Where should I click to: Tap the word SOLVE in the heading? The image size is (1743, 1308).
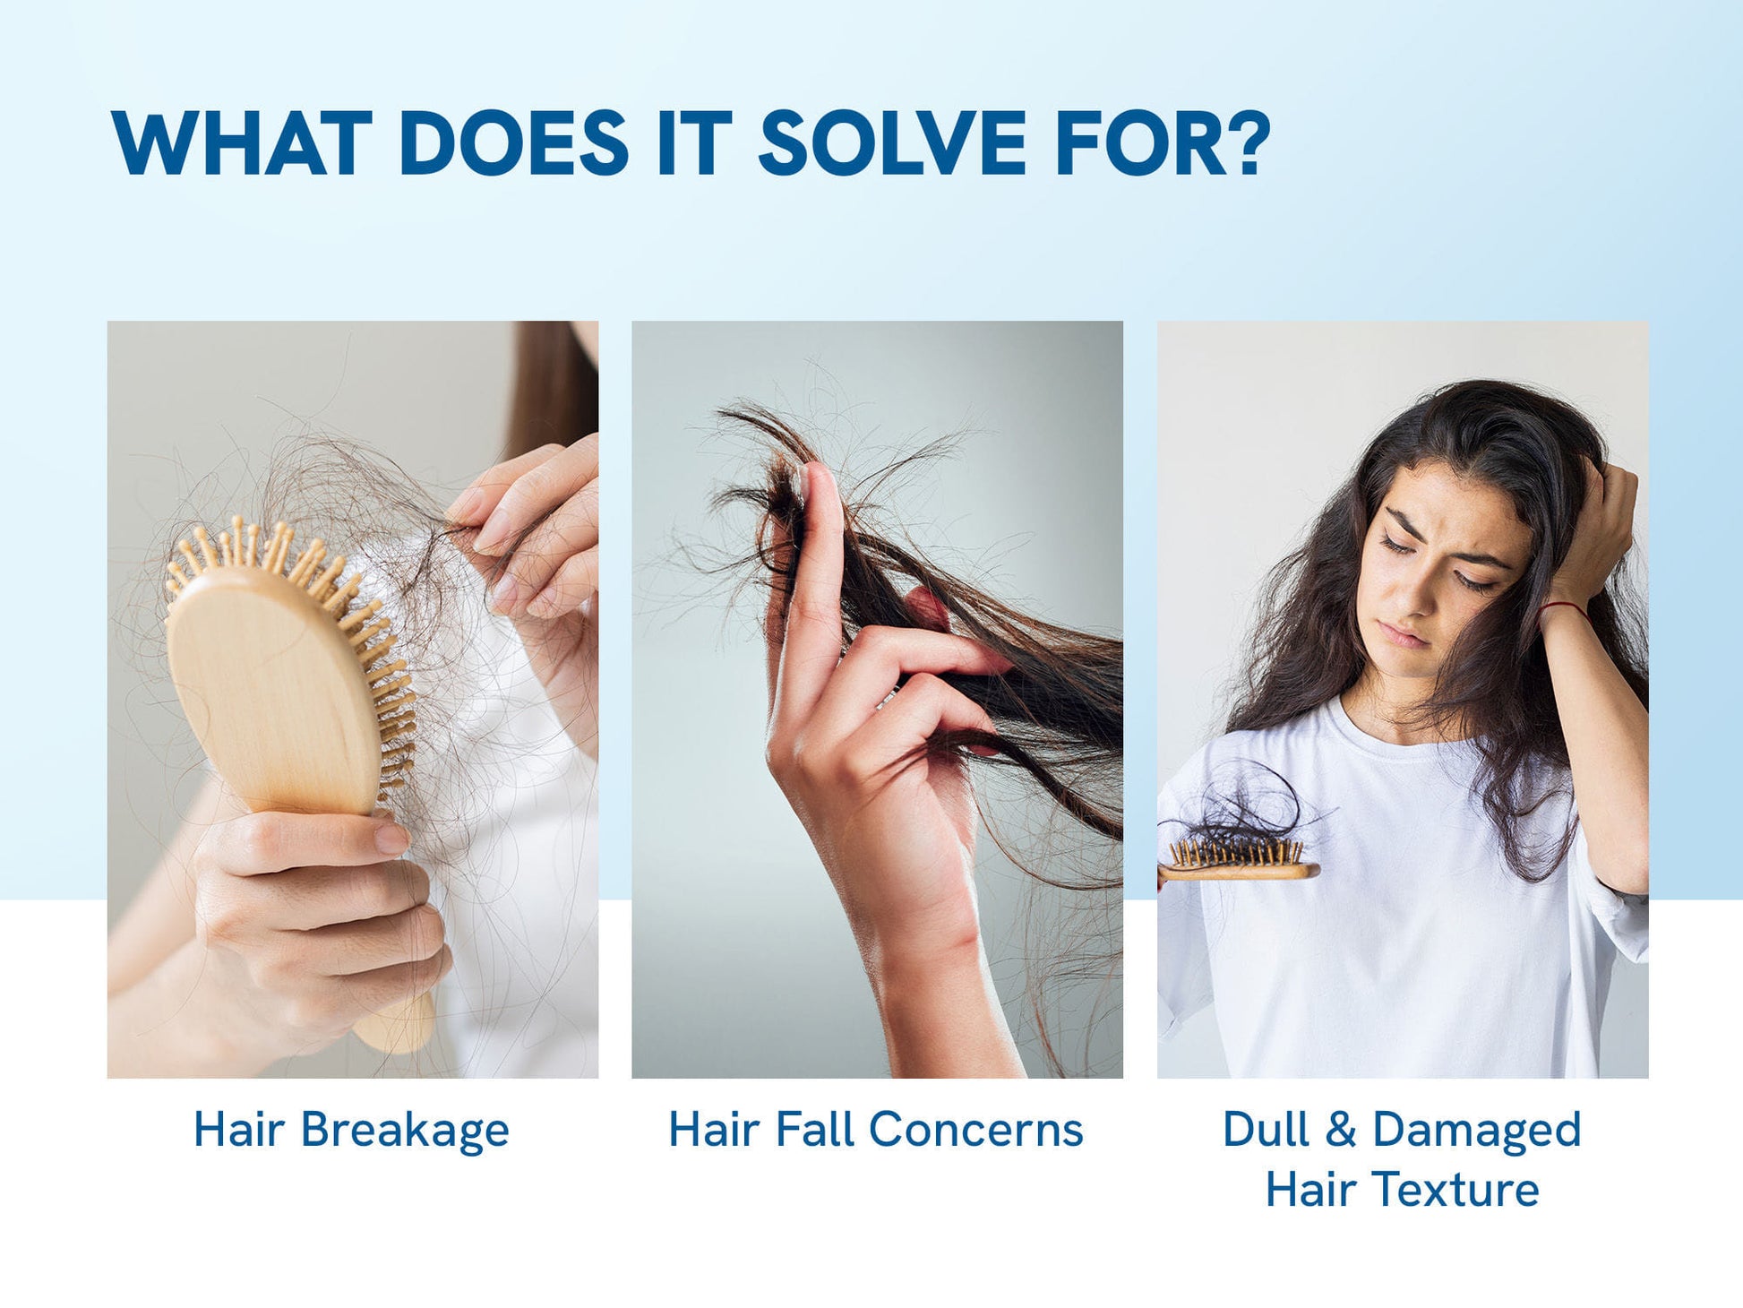click(891, 143)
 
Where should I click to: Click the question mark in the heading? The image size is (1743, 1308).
click(1248, 143)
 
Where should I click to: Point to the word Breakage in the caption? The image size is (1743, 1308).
click(404, 1131)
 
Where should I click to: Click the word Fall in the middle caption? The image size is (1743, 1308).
click(814, 1129)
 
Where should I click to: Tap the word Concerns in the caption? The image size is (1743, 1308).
click(976, 1129)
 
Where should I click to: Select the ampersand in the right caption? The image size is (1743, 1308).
click(1340, 1129)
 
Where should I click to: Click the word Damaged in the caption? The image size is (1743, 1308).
click(1476, 1131)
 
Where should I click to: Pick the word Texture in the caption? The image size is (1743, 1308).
click(1457, 1190)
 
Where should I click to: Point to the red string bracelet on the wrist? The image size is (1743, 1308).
click(1563, 608)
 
